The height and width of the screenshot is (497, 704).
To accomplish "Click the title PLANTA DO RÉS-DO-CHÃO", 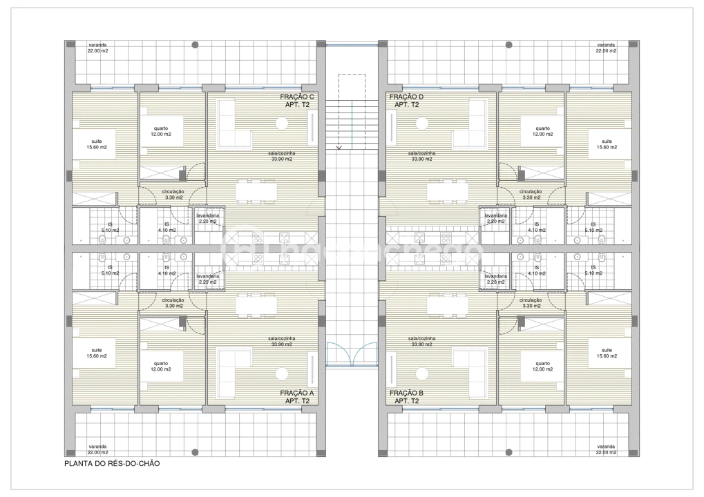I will coord(112,464).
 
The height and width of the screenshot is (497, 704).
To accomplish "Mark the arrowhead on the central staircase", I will coord(339,146).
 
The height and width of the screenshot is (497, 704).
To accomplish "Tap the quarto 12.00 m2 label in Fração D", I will coord(542,131).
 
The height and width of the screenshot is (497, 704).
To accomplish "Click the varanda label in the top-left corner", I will coord(97,48).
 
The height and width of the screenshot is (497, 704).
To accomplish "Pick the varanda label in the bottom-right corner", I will coord(606,449).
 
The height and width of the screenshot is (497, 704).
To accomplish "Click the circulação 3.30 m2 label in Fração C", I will coord(173,194).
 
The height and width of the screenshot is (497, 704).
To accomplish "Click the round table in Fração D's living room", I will coord(421,123).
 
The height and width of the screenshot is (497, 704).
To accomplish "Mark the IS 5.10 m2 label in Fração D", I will coord(593,227).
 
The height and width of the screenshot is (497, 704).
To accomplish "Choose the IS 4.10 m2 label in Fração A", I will coord(167,270).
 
